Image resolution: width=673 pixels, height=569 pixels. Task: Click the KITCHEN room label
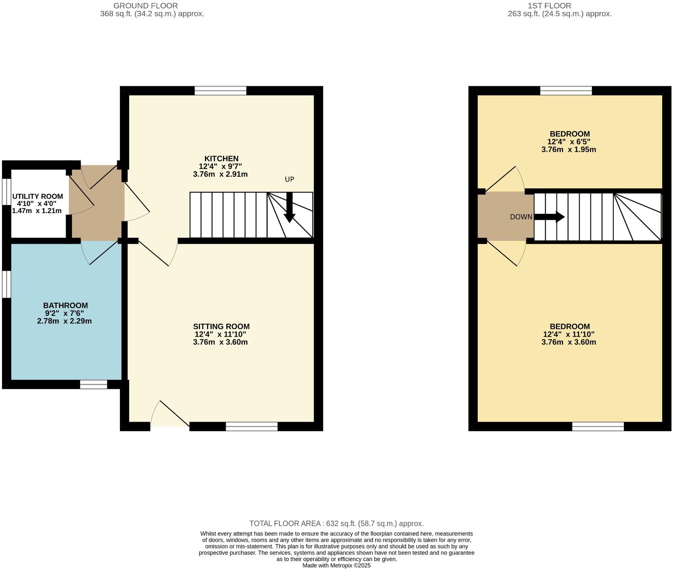tap(221, 159)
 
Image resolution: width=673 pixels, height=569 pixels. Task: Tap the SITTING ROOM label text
tap(221, 327)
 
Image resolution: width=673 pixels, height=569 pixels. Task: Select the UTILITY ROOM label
tap(37, 197)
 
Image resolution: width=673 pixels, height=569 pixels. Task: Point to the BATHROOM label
tap(65, 305)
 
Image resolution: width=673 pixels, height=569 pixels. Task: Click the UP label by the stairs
tap(289, 179)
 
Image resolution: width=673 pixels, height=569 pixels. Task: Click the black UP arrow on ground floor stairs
tap(289, 208)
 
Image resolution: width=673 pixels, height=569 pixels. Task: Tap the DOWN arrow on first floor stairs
tap(550, 217)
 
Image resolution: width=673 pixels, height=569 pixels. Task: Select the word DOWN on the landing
tap(521, 217)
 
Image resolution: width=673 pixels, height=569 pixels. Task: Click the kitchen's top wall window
tap(220, 91)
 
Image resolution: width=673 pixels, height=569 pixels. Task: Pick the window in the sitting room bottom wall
tap(252, 426)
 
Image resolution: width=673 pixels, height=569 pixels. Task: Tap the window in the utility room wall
tap(6, 191)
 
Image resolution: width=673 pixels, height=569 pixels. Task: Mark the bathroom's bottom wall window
tap(93, 385)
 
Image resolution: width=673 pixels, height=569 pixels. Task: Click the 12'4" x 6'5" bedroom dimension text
tap(569, 142)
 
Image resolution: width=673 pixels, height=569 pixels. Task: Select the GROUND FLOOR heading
tap(146, 6)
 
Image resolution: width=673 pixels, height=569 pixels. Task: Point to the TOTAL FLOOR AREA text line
tap(336, 523)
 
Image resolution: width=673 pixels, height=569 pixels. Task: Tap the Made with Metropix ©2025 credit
tap(336, 565)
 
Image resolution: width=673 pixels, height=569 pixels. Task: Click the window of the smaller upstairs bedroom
tap(566, 91)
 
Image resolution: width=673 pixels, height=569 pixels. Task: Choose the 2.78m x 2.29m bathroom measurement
tap(64, 321)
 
